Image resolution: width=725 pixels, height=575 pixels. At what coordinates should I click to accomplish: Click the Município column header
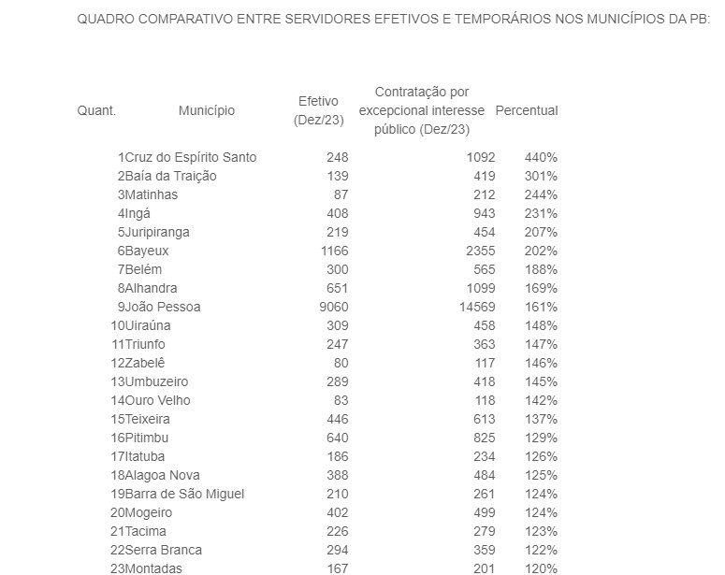[x=206, y=110]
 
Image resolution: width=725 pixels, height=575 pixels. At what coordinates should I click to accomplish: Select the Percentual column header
[x=526, y=110]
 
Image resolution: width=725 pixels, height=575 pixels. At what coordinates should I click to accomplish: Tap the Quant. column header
[x=96, y=110]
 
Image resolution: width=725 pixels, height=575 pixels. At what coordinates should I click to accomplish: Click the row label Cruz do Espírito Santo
[x=191, y=157]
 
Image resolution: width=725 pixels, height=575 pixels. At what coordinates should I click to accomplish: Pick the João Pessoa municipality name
[x=163, y=307]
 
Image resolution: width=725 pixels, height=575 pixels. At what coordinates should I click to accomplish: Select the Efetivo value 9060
[x=332, y=307]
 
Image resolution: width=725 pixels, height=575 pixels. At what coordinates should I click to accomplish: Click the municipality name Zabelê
[x=146, y=363]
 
